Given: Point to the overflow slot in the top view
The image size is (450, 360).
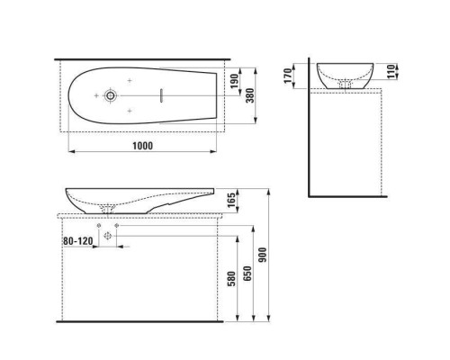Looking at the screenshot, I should click(157, 94).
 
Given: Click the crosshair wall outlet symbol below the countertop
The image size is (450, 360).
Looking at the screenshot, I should click(109, 236).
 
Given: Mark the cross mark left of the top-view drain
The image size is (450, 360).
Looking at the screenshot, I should click(91, 94).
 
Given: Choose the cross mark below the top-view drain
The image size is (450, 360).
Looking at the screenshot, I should click(130, 108).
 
